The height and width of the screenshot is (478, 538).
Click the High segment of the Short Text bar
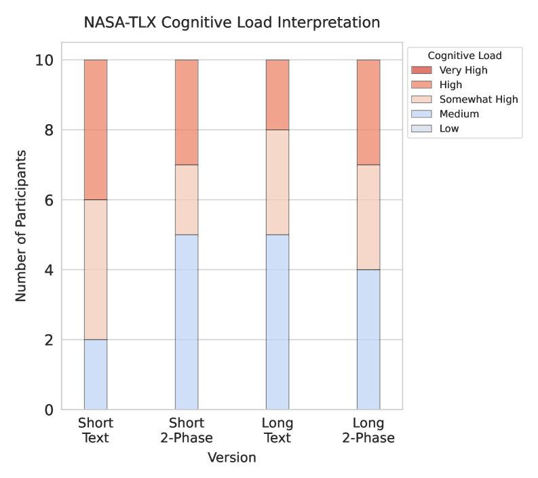click(x=96, y=130)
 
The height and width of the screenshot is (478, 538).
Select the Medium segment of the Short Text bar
click(x=96, y=374)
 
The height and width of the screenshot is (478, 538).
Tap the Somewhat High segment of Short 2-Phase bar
click(x=187, y=199)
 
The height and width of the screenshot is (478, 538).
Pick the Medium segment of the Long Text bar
click(x=277, y=322)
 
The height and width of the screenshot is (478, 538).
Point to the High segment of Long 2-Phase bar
click(x=368, y=112)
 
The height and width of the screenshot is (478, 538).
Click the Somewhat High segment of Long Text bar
click(x=277, y=182)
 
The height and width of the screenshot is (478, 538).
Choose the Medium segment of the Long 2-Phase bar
click(x=368, y=339)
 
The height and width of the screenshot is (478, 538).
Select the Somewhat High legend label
click(x=478, y=99)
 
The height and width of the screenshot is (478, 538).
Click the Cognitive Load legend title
click(x=465, y=55)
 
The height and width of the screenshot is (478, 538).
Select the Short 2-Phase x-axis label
click(x=187, y=431)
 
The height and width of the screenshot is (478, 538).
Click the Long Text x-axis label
click(x=277, y=431)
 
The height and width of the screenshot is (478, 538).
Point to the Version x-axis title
click(x=231, y=458)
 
